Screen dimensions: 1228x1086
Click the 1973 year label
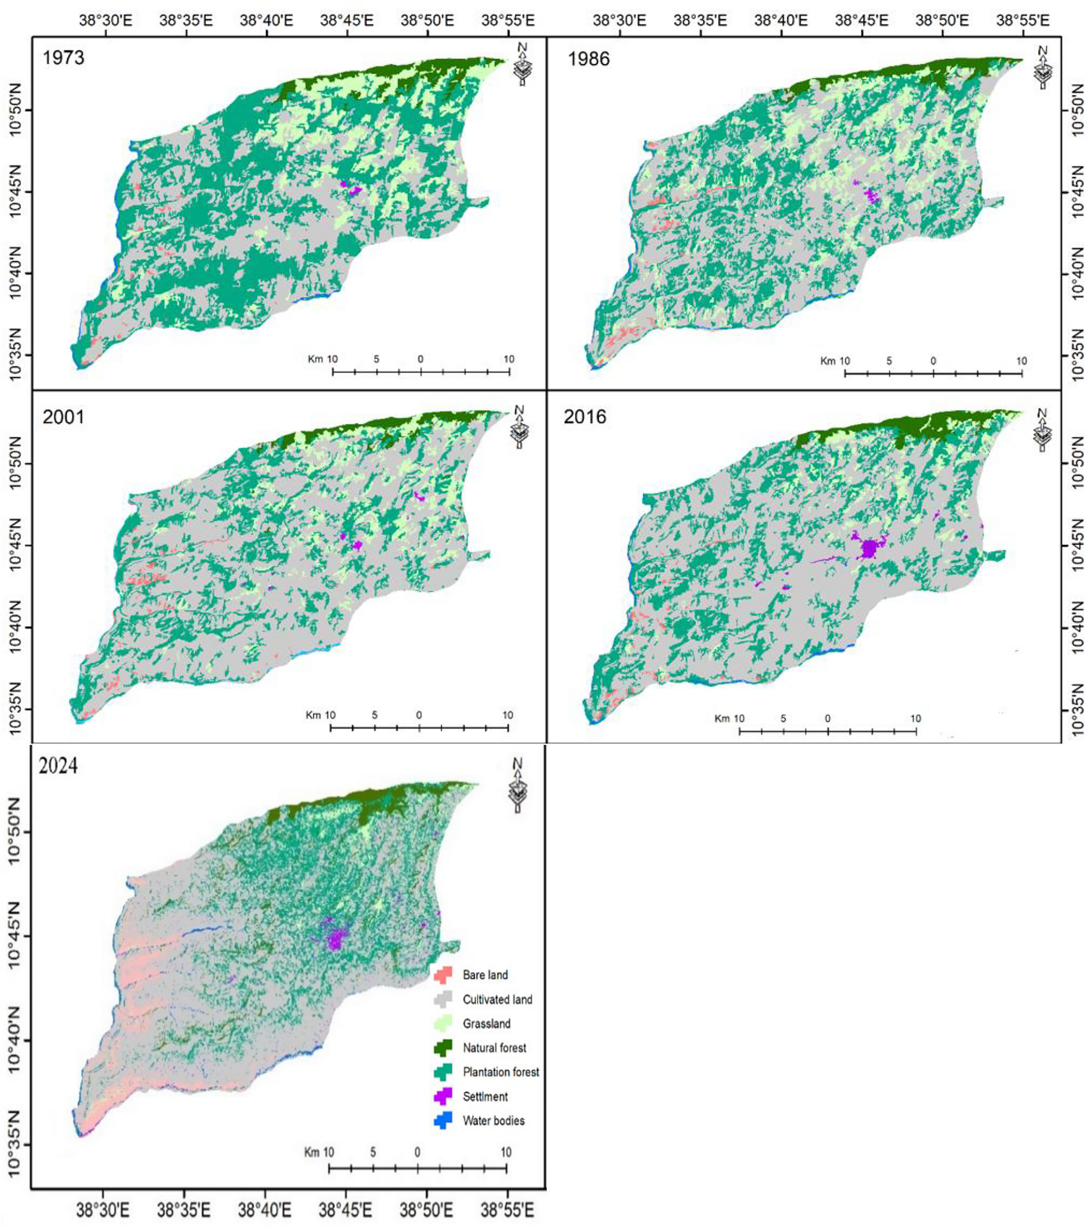coord(63,58)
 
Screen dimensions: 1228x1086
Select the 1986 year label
coord(588,59)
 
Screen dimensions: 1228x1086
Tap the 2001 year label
coord(63,417)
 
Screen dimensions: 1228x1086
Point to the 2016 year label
coord(585,417)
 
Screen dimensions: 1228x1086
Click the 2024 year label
coord(58,767)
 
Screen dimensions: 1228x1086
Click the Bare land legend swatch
coord(443,975)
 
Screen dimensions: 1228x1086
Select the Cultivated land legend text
coord(497,999)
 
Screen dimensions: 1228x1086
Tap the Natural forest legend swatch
coord(443,1048)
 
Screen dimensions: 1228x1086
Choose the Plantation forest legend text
coord(501,1072)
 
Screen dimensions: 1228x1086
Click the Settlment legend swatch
coord(443,1096)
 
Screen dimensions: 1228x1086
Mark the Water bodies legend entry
coord(493,1121)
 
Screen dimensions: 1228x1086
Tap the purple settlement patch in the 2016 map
coord(869,548)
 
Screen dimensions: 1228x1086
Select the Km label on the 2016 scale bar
coord(722,719)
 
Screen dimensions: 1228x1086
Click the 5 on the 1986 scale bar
coord(889,361)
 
